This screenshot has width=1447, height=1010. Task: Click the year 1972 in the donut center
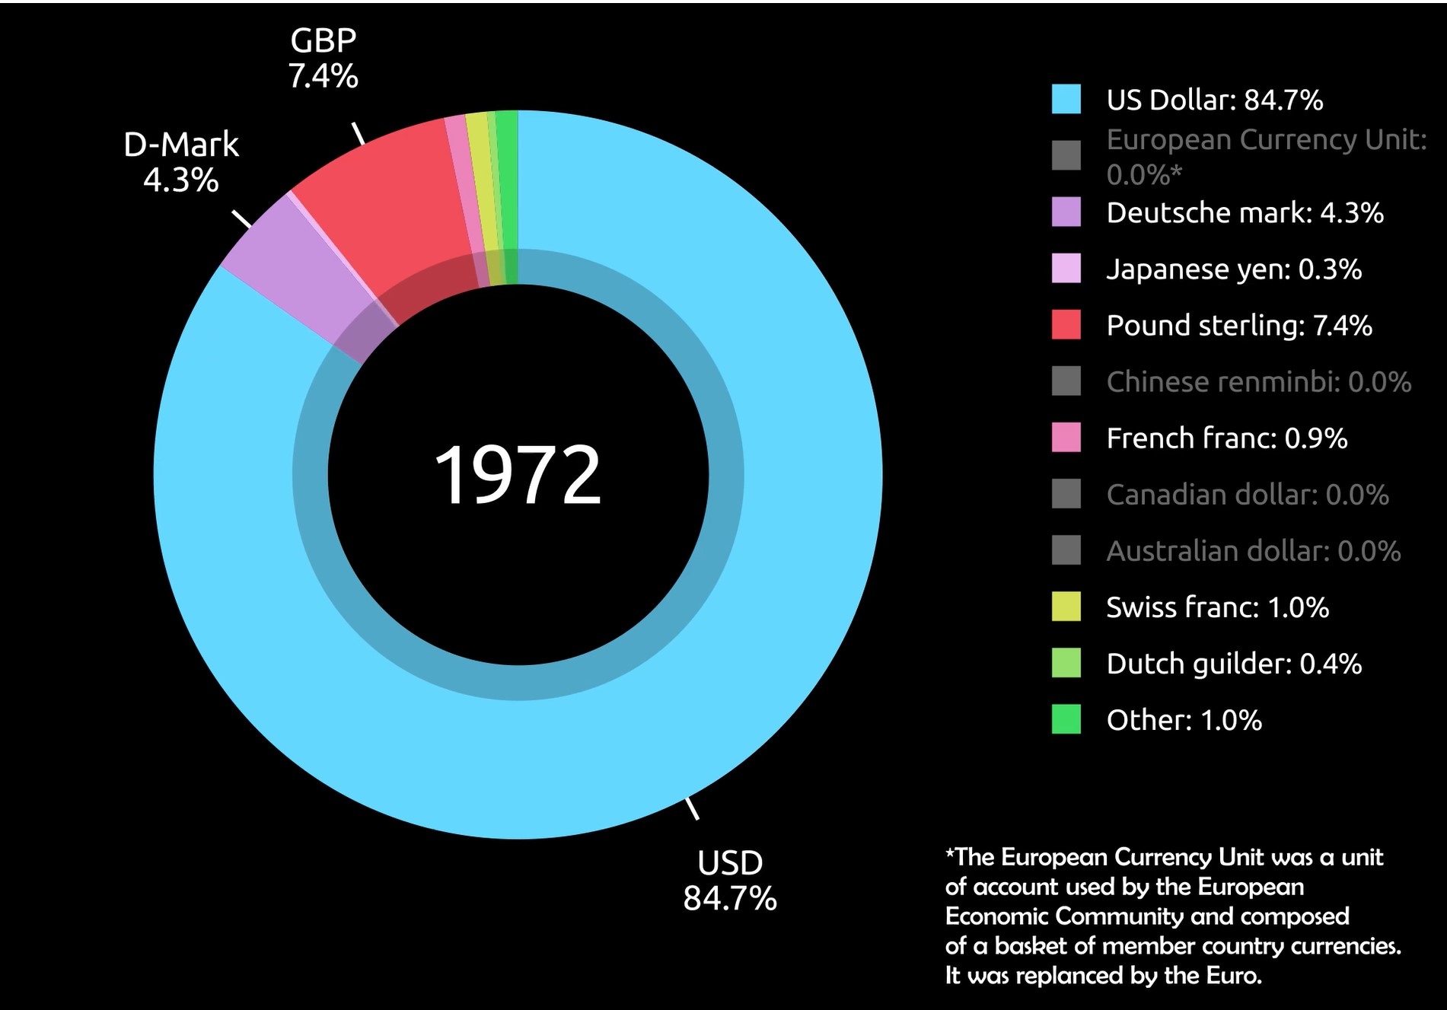pos(518,475)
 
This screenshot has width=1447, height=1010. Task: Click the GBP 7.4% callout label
pos(323,59)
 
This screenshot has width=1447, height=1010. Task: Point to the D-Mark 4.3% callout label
pos(181,162)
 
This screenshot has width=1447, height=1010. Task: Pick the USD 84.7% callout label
pos(729,881)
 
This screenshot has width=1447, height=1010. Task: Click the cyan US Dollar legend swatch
pos(1066,100)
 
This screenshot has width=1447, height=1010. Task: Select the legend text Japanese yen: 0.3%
pos(1233,269)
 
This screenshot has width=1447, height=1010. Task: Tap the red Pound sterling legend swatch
pos(1066,325)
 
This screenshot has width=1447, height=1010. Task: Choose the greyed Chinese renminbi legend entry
pos(1258,381)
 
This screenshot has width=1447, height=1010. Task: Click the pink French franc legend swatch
pos(1066,438)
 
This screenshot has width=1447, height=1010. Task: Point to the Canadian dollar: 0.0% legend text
pos(1247,495)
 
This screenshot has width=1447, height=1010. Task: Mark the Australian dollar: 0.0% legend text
pos(1253,551)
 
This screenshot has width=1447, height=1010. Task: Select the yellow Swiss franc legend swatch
pos(1066,607)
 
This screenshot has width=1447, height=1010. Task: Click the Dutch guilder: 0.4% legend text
pos(1233,664)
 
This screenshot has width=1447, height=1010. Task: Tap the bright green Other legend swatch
pos(1066,720)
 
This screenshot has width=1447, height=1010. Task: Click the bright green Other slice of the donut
pos(508,190)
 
